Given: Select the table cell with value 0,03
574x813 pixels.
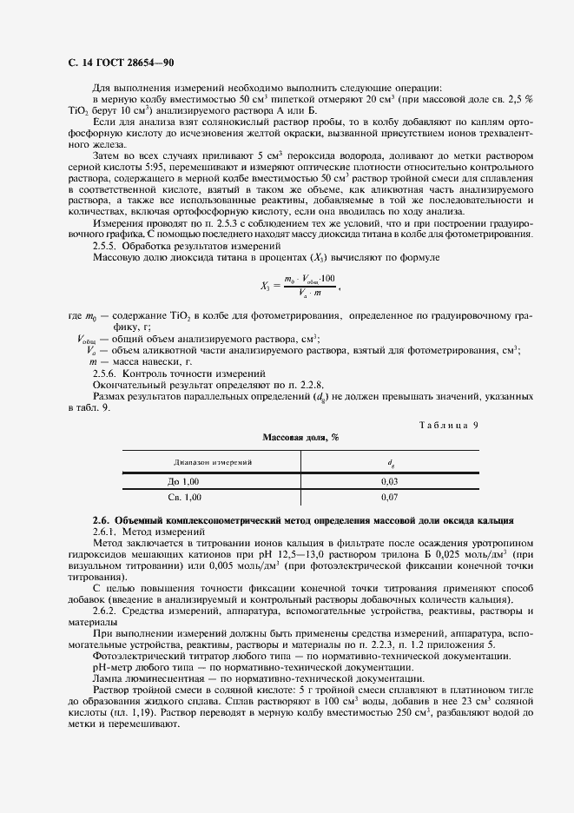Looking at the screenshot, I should (x=389, y=480).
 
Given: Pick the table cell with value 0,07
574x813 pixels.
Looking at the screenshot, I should (x=389, y=497).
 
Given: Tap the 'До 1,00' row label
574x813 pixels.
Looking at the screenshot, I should (x=183, y=480).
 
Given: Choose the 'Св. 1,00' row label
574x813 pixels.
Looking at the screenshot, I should (x=183, y=497).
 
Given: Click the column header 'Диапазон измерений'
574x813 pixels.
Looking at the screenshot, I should (x=213, y=463).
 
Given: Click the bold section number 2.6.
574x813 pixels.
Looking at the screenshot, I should (x=102, y=519).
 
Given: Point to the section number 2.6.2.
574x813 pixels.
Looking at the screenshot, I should (x=109, y=612).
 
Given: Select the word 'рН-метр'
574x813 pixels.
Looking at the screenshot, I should (x=111, y=667).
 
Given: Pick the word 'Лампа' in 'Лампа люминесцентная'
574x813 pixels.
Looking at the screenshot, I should (x=107, y=678).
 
